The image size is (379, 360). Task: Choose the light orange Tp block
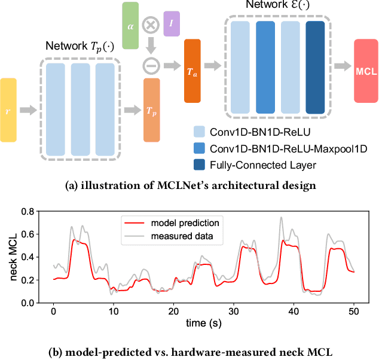point(152,111)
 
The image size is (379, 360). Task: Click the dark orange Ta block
point(192,71)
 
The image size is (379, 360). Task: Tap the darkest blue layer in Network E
point(314,66)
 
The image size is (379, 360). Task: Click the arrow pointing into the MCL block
point(343,66)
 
